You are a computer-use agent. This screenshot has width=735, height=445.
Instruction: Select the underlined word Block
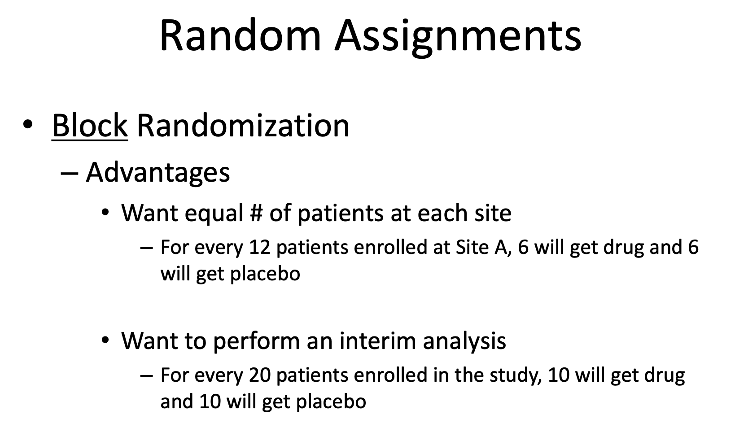click(90, 125)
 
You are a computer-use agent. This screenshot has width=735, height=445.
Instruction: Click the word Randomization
click(243, 125)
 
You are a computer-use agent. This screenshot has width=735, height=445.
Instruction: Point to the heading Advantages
click(158, 173)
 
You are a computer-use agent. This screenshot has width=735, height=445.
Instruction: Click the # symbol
click(256, 213)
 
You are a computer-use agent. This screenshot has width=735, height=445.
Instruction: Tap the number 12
click(259, 247)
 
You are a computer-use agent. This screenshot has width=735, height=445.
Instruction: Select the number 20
click(259, 375)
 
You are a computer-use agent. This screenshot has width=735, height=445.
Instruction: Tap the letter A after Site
click(501, 248)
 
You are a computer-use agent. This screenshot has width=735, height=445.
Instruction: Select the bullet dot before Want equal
click(105, 212)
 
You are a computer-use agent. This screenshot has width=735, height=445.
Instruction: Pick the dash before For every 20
click(146, 375)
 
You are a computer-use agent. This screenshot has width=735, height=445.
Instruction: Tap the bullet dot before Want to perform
click(105, 340)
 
